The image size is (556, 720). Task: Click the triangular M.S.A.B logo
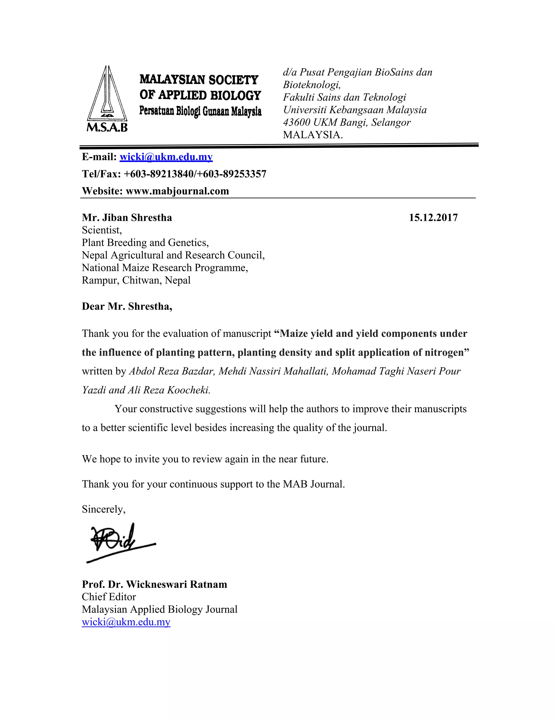pos(107,99)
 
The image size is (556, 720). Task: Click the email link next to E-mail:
pos(166,157)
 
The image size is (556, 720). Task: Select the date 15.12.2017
pos(433,218)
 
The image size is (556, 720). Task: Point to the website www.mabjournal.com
pos(177,191)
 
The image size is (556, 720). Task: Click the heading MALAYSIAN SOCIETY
pos(199,80)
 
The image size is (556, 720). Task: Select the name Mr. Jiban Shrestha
pos(127,218)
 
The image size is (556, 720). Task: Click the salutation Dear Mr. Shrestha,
pos(127,306)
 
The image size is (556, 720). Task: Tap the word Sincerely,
pos(103,509)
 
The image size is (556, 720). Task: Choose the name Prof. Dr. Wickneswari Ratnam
pos(154,584)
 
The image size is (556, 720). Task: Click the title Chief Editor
pos(109,597)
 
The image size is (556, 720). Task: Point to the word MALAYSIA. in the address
pos(312,135)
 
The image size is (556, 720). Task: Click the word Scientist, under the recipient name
pos(102,230)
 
